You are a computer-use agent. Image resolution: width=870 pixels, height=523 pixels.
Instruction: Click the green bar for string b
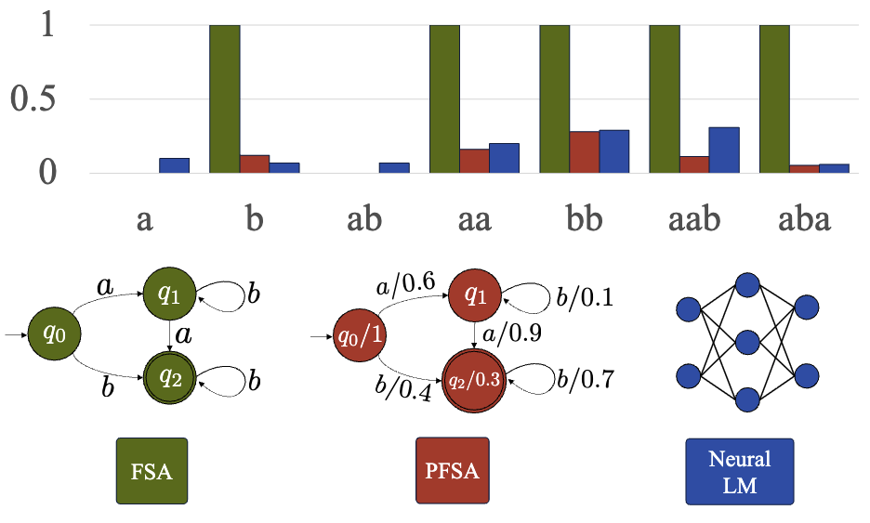click(225, 98)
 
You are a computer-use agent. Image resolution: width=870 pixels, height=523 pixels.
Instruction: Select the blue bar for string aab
click(724, 150)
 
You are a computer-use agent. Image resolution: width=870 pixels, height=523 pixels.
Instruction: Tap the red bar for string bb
click(585, 152)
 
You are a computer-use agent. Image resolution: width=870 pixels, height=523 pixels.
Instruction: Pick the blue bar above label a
click(174, 165)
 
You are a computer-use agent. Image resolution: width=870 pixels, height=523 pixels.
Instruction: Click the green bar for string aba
click(774, 98)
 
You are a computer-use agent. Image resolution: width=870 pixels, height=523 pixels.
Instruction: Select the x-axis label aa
click(475, 221)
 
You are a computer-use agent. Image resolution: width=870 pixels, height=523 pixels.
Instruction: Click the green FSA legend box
click(152, 471)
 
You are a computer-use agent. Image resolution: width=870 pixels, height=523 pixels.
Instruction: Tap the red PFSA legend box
click(451, 471)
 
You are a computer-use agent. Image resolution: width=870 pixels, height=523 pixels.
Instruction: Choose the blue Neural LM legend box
click(739, 471)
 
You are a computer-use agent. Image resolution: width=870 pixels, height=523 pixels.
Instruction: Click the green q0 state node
click(54, 332)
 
